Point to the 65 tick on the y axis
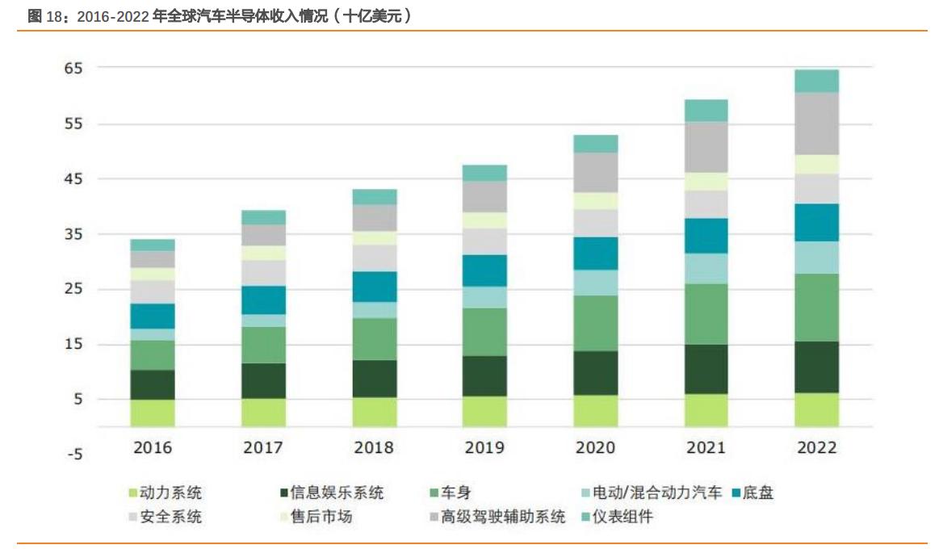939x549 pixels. point(73,69)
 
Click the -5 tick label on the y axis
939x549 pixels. point(73,455)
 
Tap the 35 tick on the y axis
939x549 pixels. point(73,234)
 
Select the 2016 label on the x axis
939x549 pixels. point(153,447)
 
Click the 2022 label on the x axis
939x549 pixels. point(816,447)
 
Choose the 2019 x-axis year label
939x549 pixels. point(484,447)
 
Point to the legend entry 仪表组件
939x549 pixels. point(622,518)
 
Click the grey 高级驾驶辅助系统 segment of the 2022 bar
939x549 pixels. point(816,124)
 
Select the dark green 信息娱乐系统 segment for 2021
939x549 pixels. point(706,369)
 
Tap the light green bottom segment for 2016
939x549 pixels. point(153,413)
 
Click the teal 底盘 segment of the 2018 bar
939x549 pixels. point(374,287)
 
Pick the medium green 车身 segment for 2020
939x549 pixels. point(595,323)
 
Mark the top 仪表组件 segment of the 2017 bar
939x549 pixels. point(263,217)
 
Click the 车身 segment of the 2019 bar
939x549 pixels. point(484,332)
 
